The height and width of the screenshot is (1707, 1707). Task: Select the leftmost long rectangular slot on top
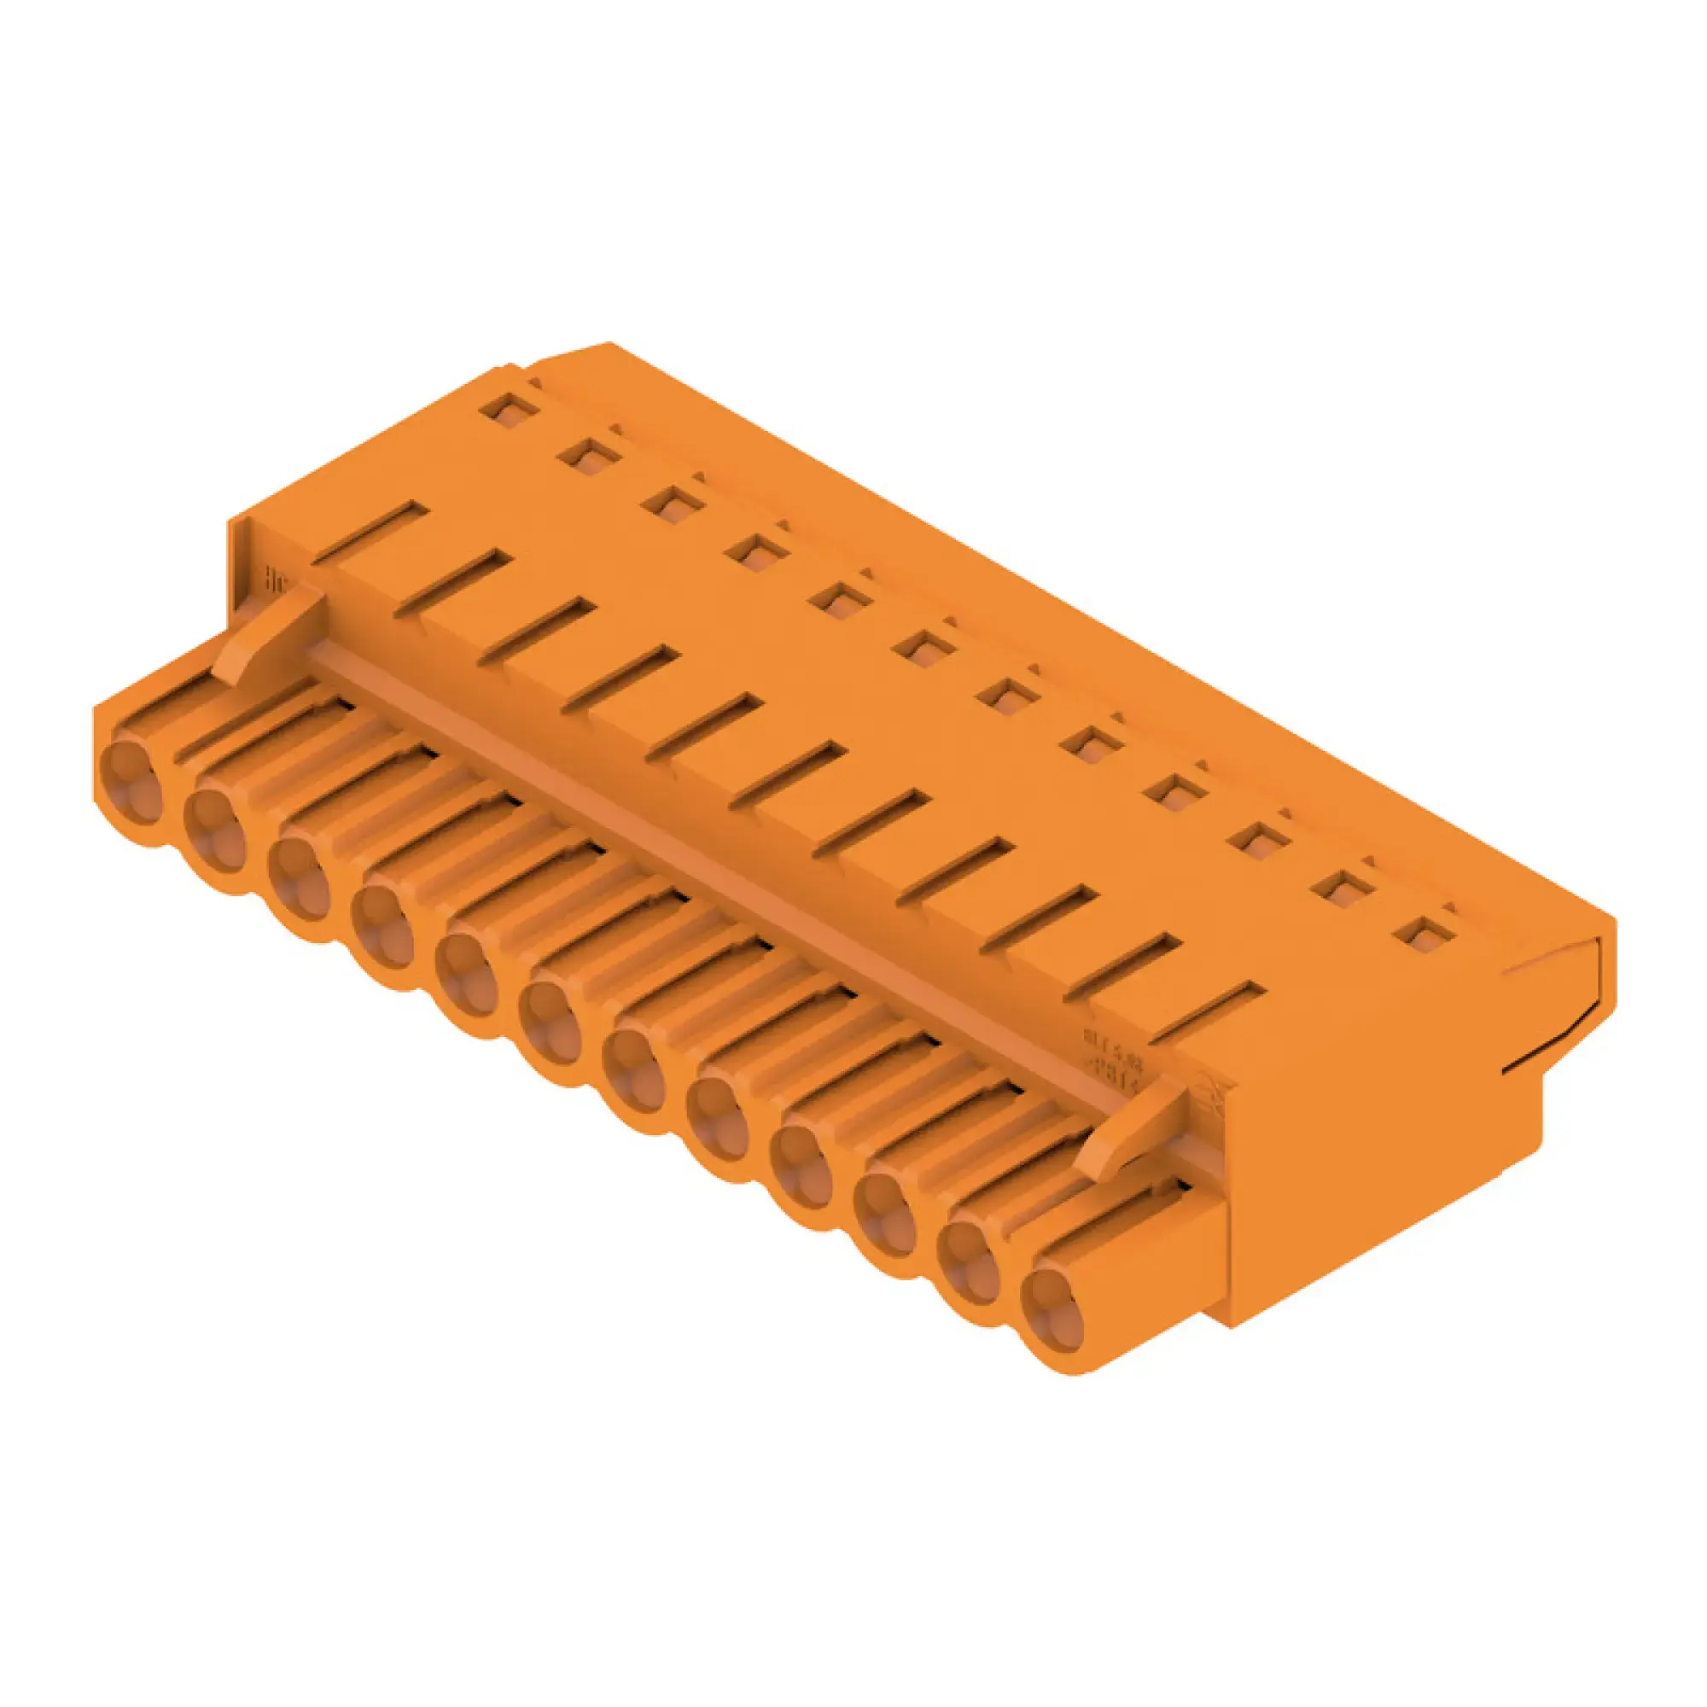click(370, 532)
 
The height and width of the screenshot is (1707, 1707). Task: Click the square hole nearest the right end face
click(1423, 933)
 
